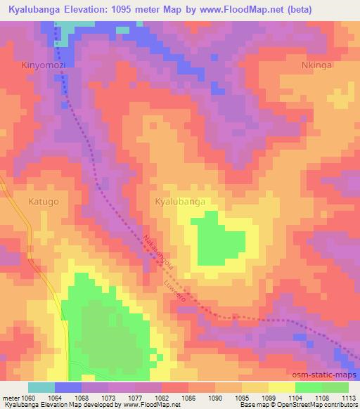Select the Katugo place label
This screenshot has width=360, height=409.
[44, 202]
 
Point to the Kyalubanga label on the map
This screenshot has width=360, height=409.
[180, 202]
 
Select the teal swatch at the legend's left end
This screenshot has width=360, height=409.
[41, 387]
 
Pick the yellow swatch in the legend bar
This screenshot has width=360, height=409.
[281, 387]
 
